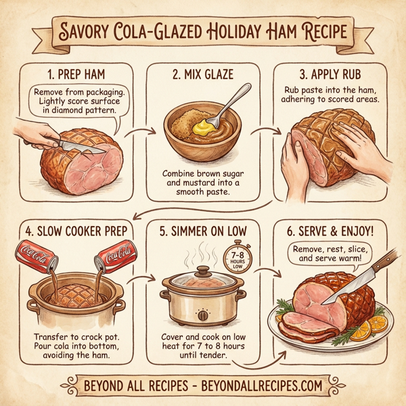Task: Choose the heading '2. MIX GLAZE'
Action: [x=203, y=72]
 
